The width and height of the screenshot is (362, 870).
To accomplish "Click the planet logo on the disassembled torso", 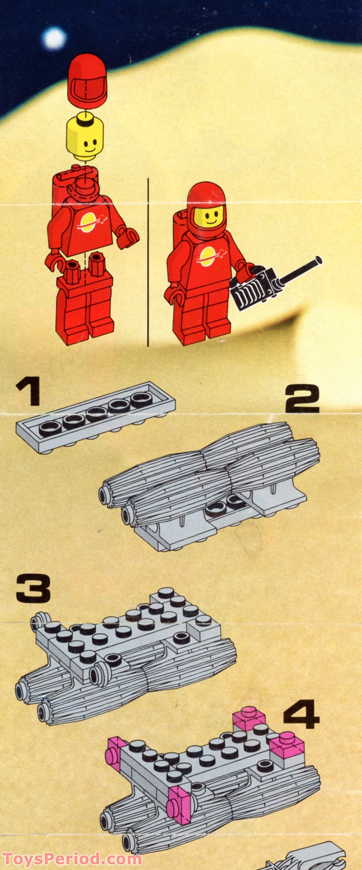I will click(88, 222).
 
